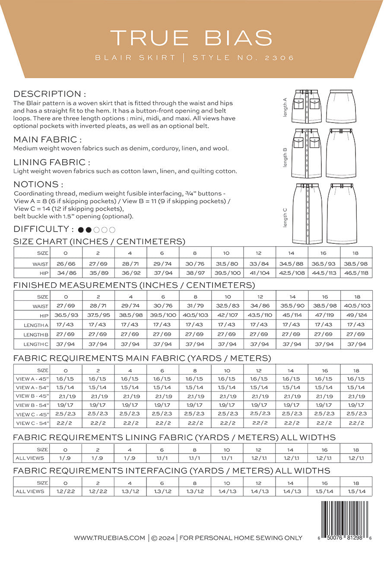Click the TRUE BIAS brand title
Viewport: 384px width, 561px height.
coord(191,38)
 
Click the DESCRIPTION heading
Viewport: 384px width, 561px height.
coord(50,94)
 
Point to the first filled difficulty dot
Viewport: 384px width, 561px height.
coord(81,230)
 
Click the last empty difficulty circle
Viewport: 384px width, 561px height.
coord(112,230)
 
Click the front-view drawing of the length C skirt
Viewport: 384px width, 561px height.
coord(307,214)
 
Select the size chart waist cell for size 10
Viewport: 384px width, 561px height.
coord(227,264)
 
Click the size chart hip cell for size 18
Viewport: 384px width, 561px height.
coord(356,273)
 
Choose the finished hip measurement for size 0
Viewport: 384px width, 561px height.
coord(67,315)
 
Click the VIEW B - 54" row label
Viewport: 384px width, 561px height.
coord(32,405)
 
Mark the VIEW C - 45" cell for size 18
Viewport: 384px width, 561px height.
coord(356,413)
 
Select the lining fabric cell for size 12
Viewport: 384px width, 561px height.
coord(260,458)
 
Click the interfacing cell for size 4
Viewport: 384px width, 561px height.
coord(130,491)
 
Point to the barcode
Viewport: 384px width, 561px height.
coord(345,517)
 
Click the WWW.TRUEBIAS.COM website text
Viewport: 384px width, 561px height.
coord(109,538)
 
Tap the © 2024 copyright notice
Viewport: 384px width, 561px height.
coord(163,538)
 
